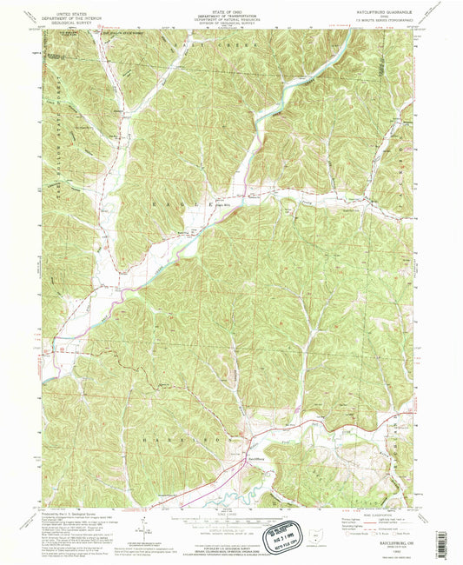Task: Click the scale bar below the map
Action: [217, 519]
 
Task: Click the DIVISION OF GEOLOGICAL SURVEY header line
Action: [231, 25]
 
